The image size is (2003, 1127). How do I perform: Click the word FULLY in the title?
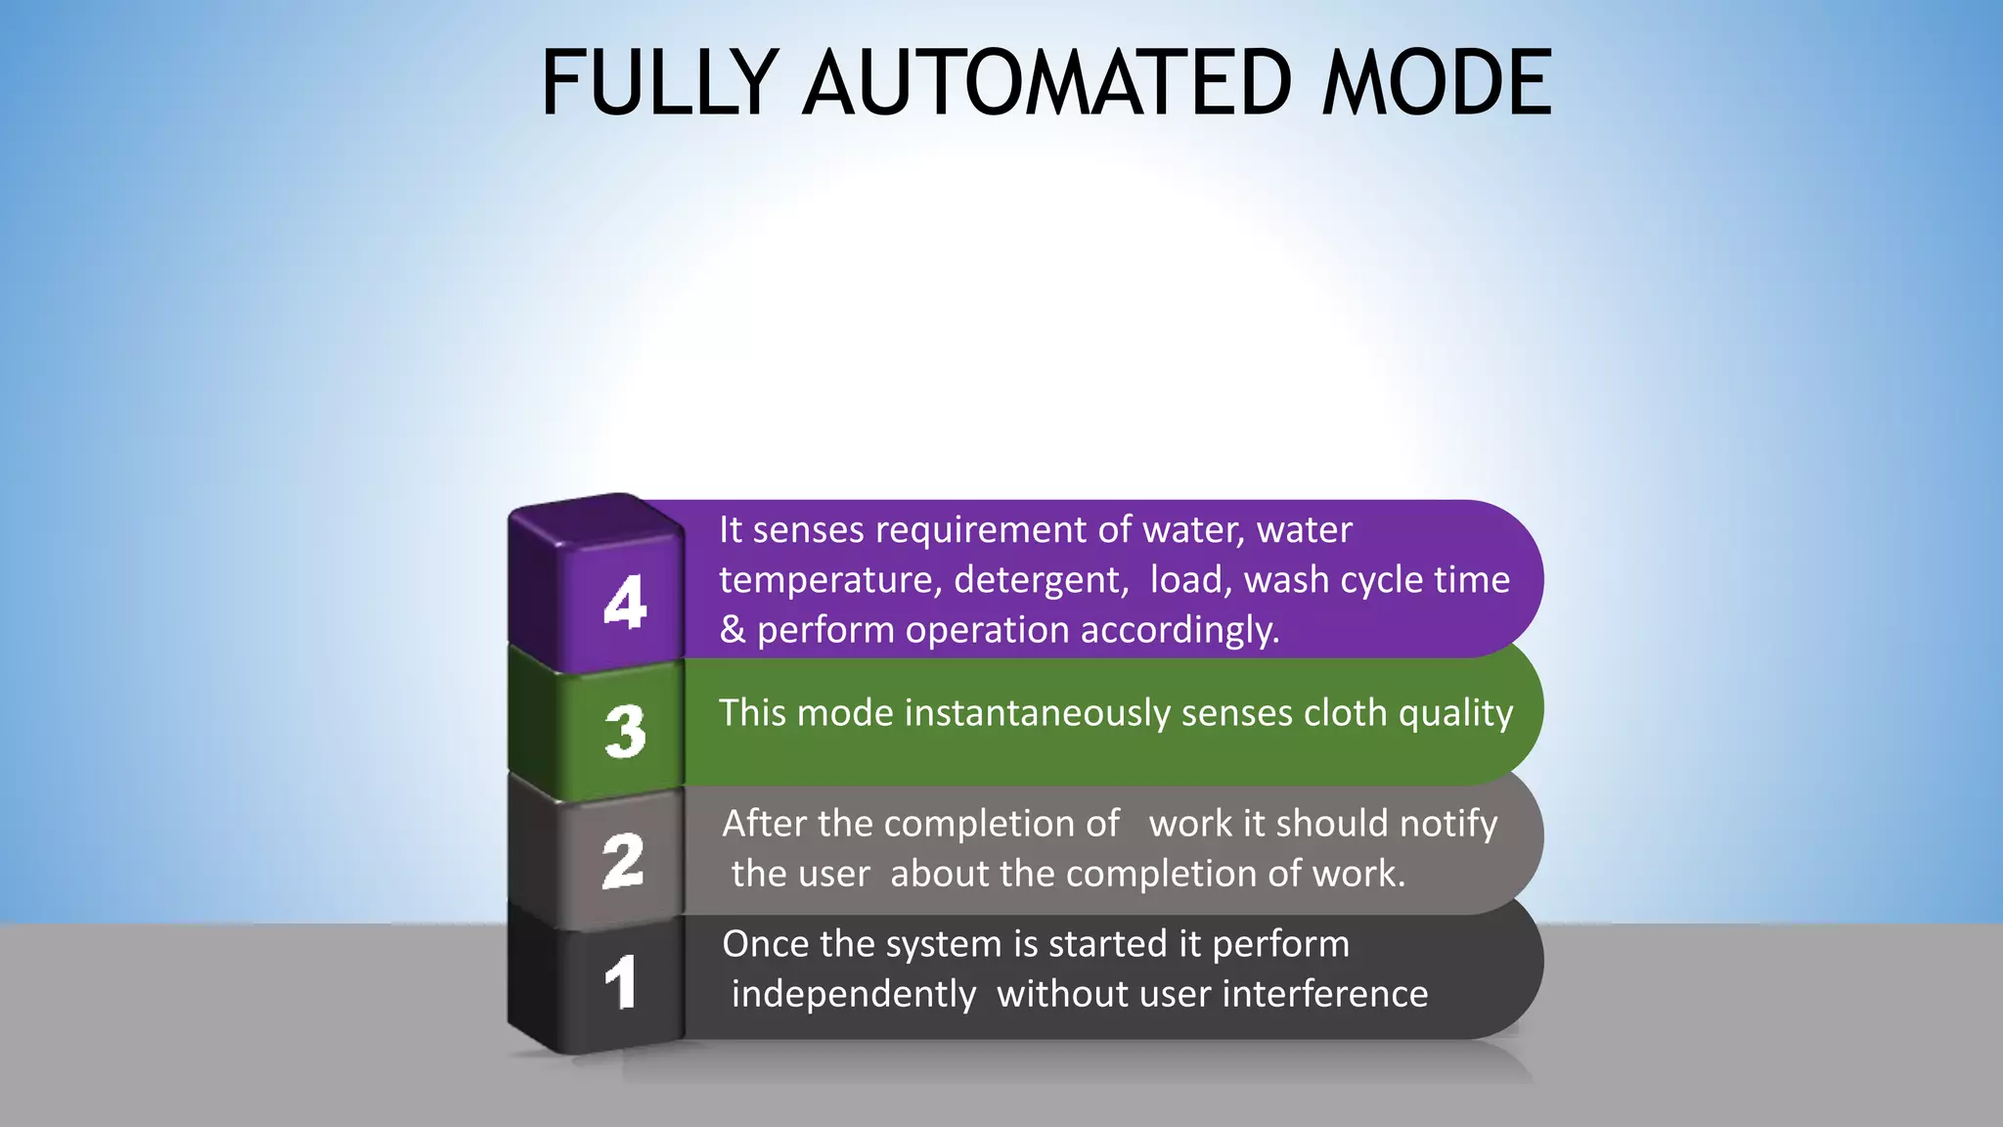pos(659,83)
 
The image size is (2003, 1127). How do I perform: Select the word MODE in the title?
pos(1436,83)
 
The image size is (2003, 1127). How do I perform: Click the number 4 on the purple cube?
pos(625,601)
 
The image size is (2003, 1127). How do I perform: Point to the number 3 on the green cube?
pos(625,731)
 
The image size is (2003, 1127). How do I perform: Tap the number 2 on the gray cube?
pos(623,861)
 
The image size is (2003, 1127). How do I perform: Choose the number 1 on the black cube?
pos(621,981)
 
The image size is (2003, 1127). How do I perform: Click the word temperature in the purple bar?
pos(830,580)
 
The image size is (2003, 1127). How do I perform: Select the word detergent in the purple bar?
pos(1041,580)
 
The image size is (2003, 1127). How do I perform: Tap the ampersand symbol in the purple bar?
pos(733,630)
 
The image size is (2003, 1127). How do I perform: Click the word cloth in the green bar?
pos(1346,713)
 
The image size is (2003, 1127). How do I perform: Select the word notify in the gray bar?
pos(1447,824)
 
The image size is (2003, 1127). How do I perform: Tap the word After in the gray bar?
pos(765,824)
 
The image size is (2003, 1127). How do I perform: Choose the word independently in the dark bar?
pos(854,995)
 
